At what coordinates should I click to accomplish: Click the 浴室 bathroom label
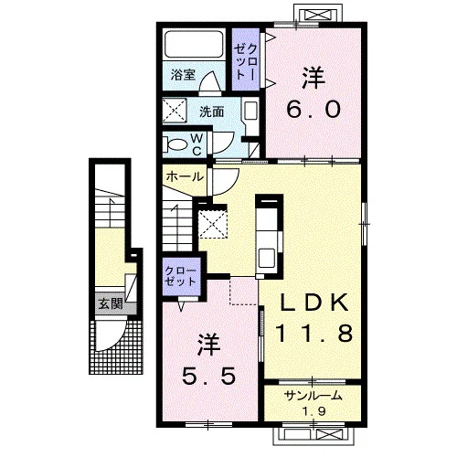pyautogui.click(x=183, y=75)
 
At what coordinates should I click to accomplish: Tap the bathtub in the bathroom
pyautogui.click(x=194, y=45)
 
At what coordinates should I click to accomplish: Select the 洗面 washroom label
pyautogui.click(x=212, y=112)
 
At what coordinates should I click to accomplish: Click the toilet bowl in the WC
pyautogui.click(x=176, y=144)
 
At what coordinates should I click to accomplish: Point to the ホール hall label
pyautogui.click(x=185, y=176)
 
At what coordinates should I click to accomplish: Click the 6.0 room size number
pyautogui.click(x=314, y=110)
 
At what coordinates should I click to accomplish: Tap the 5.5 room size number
pyautogui.click(x=208, y=376)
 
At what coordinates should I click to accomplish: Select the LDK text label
pyautogui.click(x=314, y=302)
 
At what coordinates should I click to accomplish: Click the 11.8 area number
pyautogui.click(x=314, y=333)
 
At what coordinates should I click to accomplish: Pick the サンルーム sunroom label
pyautogui.click(x=314, y=396)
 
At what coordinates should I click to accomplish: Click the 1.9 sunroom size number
pyautogui.click(x=314, y=411)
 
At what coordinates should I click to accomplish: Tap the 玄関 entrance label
pyautogui.click(x=111, y=303)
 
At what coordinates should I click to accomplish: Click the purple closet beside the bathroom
pyautogui.click(x=246, y=59)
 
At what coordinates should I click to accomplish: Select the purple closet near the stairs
pyautogui.click(x=181, y=277)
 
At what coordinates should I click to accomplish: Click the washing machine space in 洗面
pyautogui.click(x=175, y=111)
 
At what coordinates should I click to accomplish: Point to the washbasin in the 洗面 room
pyautogui.click(x=251, y=111)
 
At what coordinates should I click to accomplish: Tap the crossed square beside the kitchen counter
pyautogui.click(x=213, y=224)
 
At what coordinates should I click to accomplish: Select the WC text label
pyautogui.click(x=197, y=145)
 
